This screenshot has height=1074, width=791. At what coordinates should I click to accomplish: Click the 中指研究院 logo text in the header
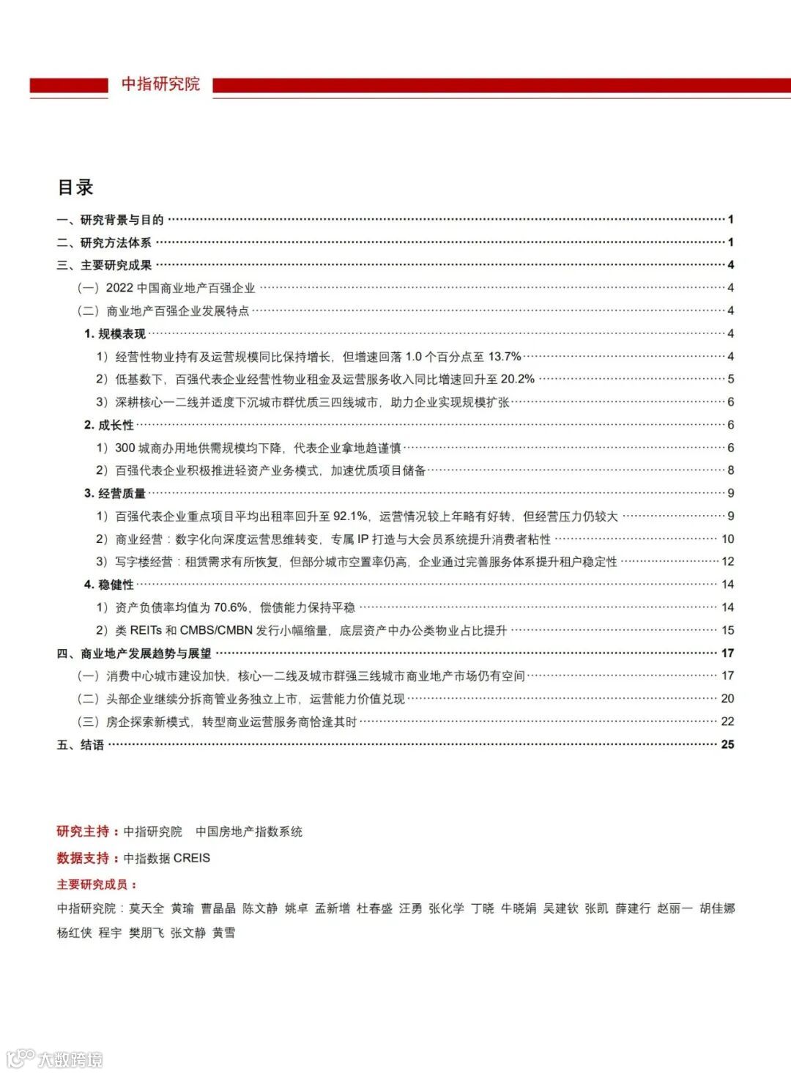(x=160, y=84)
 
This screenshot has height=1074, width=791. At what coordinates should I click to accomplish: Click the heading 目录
(x=75, y=188)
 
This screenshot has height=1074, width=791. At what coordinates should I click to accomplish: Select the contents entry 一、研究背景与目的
(x=111, y=220)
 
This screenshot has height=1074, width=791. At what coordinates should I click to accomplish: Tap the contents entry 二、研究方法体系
(x=105, y=242)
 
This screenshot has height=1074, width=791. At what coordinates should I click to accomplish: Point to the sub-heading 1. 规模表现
(x=115, y=334)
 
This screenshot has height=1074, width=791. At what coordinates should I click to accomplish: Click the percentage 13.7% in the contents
(x=505, y=357)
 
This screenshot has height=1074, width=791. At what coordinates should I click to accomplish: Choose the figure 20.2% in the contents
(x=517, y=379)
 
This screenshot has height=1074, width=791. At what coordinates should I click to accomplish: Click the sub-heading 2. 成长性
(x=109, y=425)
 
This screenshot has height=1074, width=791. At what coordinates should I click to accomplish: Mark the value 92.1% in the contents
(x=350, y=516)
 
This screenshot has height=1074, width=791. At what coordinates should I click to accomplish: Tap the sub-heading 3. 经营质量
(x=115, y=494)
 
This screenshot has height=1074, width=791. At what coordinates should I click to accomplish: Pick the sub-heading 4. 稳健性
(x=109, y=585)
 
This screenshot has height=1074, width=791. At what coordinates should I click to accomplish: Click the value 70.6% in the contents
(x=231, y=607)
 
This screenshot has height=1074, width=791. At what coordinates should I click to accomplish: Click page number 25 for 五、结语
(x=727, y=744)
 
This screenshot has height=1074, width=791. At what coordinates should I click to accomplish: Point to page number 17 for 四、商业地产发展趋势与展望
(x=727, y=653)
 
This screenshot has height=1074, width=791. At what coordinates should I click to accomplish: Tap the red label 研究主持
(x=83, y=832)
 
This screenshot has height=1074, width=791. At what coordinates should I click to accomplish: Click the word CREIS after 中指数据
(x=192, y=858)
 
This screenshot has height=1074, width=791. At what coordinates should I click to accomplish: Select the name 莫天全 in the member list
(x=146, y=908)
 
